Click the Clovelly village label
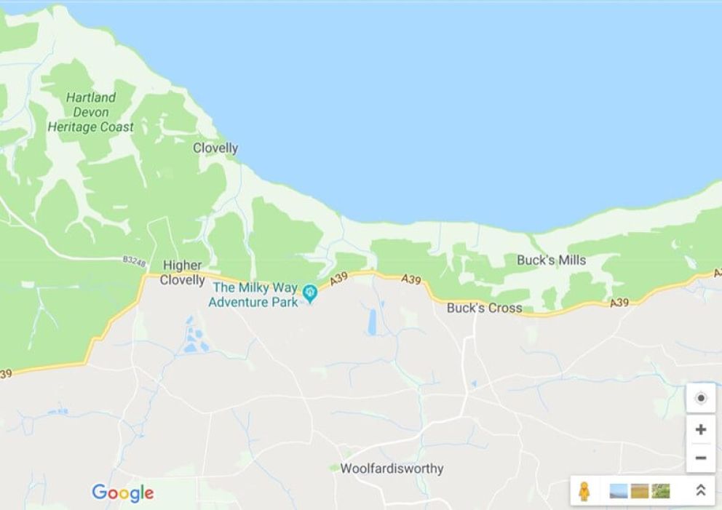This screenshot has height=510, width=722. [215, 148]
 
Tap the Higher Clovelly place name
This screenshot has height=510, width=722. [182, 273]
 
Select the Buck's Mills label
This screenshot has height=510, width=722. [551, 260]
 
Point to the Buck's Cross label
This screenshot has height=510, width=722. [484, 308]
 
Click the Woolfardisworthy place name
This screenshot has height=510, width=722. [392, 469]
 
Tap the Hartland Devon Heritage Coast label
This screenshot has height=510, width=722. [91, 112]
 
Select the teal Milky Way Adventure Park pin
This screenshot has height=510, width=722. [311, 293]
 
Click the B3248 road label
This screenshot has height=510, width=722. [133, 259]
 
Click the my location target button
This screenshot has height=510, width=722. [700, 398]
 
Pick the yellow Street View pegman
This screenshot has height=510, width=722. [584, 491]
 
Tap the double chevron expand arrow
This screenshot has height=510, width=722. [700, 491]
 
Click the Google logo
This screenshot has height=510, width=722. [123, 493]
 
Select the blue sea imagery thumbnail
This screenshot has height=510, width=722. [619, 491]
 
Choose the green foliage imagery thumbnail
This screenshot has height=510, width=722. [661, 491]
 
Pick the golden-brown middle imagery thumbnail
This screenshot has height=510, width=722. [640, 491]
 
